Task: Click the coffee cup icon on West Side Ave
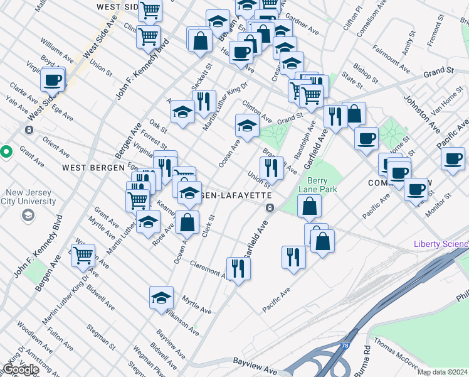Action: (53, 80)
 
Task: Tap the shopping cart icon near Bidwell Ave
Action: (83, 255)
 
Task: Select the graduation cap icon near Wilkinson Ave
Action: (161, 297)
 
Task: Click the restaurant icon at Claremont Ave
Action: (238, 268)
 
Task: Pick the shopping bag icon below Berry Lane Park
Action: (310, 205)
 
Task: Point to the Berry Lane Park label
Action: (322, 185)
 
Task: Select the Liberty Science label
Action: (441, 244)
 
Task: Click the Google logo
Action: (20, 369)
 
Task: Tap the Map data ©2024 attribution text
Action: (442, 372)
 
